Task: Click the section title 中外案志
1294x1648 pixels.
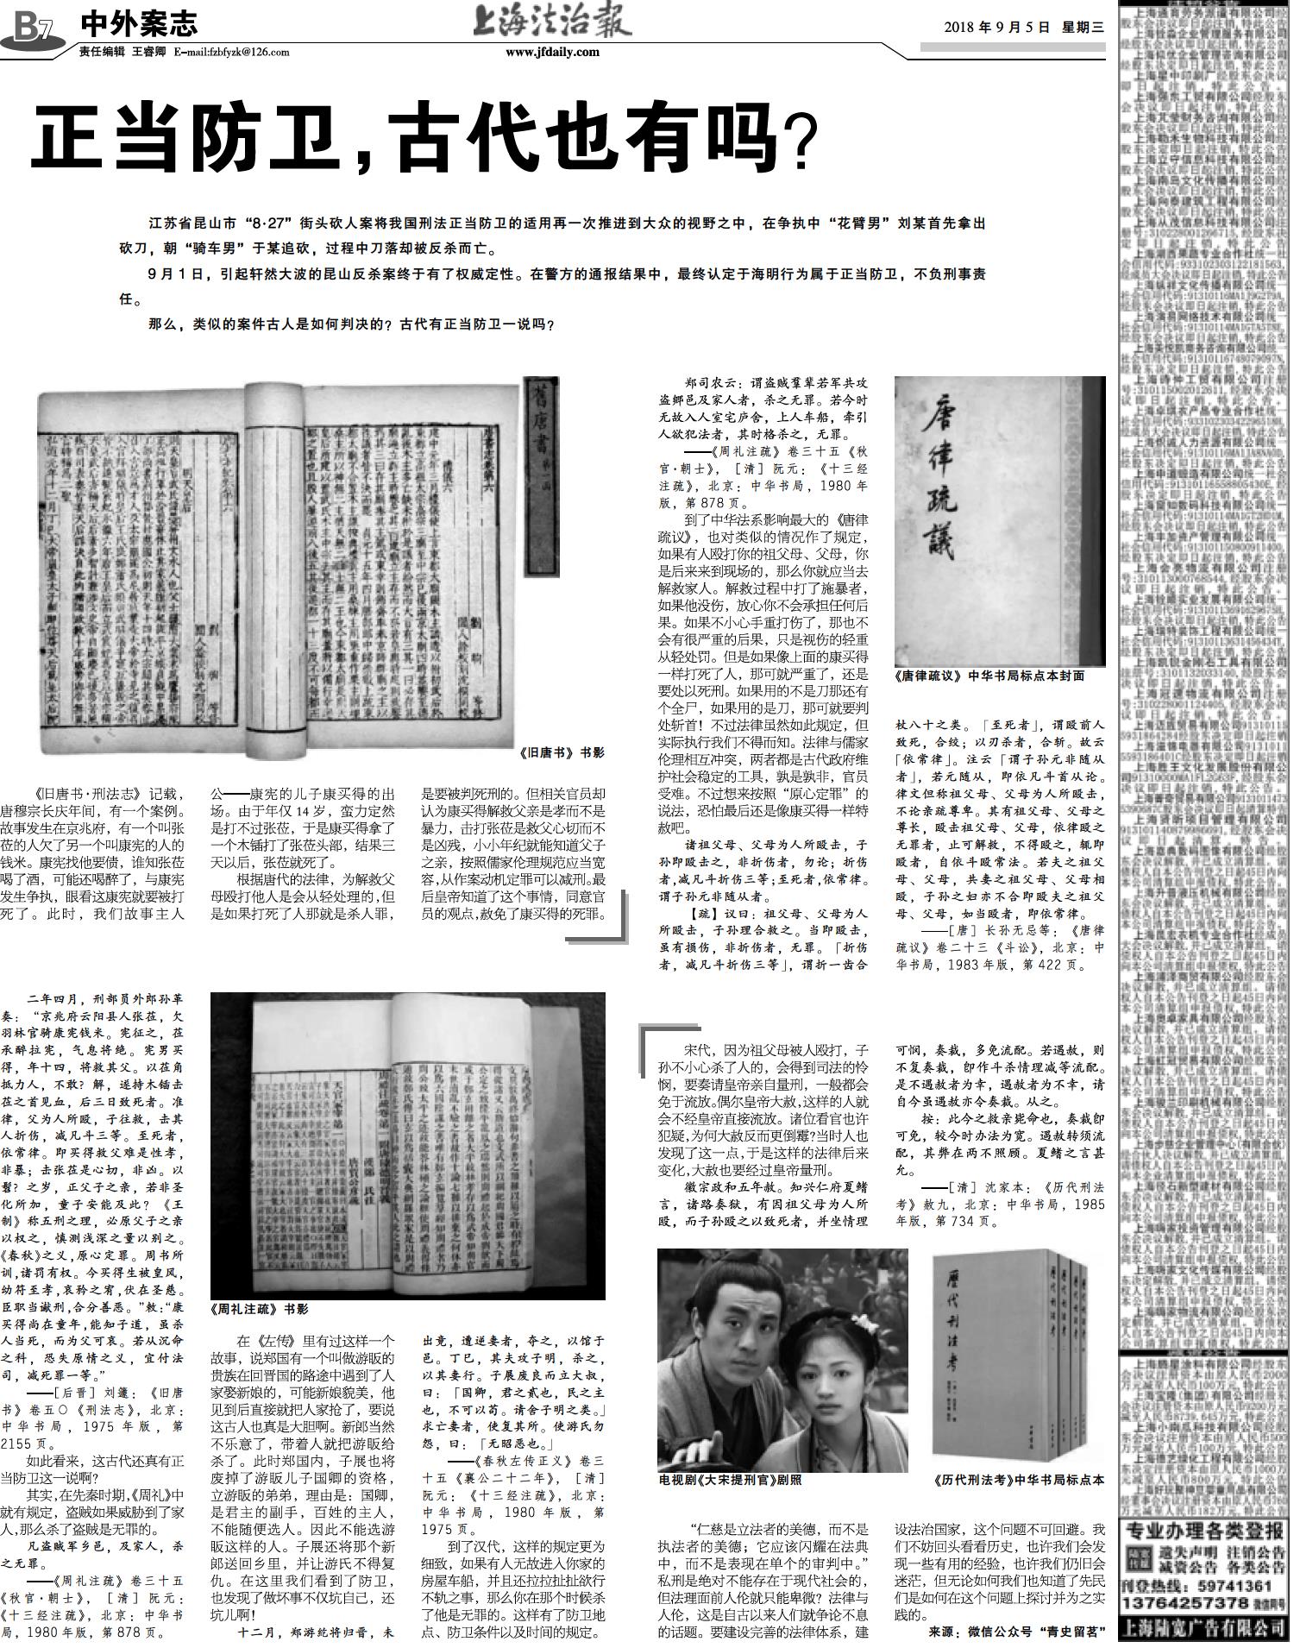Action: point(138,23)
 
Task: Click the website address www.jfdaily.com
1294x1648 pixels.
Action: point(552,52)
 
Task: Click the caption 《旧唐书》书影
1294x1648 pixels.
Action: point(562,752)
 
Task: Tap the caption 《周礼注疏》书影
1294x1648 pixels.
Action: point(259,1309)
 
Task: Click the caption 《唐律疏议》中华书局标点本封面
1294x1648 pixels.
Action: point(989,676)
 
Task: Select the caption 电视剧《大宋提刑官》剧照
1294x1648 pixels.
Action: point(729,1480)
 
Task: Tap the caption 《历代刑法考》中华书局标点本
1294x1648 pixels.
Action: point(1019,1480)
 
